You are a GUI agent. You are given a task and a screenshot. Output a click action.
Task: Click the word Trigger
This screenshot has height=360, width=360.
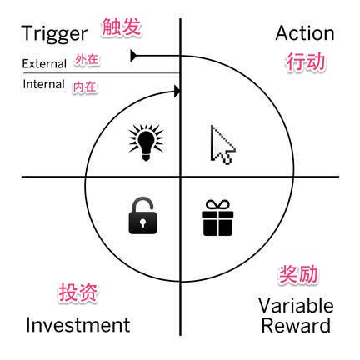[55, 34]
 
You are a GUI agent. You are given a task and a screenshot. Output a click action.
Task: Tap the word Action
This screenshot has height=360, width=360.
[305, 33]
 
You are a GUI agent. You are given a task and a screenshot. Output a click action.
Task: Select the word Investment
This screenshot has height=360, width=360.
[78, 325]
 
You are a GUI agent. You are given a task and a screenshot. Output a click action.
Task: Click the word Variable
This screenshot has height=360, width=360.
[296, 306]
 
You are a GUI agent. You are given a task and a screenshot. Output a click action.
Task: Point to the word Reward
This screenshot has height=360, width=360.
[296, 325]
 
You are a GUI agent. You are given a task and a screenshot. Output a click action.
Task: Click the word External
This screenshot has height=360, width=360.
[44, 64]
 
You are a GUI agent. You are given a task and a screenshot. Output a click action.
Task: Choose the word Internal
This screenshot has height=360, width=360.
[44, 84]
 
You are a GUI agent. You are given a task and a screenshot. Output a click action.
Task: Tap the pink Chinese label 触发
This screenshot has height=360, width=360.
[122, 27]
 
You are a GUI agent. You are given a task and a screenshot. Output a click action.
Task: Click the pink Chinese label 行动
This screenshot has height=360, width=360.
[306, 62]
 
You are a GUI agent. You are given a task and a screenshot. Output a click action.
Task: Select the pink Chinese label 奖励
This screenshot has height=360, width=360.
[298, 274]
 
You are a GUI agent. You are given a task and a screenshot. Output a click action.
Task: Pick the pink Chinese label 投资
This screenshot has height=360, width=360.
[78, 292]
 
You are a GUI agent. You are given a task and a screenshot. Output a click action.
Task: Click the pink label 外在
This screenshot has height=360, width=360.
[87, 60]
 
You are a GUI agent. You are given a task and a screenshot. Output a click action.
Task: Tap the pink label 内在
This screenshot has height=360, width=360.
[85, 87]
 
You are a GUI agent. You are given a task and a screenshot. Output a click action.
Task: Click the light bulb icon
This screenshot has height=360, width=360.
[146, 142]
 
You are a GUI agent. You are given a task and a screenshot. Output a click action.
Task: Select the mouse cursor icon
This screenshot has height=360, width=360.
[222, 145]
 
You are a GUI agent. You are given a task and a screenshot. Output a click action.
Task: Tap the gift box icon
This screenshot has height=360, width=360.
[217, 218]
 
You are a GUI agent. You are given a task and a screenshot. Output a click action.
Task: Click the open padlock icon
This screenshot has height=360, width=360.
[142, 215]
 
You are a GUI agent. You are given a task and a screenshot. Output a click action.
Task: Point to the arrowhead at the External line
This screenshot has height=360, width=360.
[133, 56]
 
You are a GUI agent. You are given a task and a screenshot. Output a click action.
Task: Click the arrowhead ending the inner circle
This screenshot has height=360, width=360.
[177, 92]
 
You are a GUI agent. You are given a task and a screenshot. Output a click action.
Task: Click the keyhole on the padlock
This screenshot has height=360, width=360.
[142, 222]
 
